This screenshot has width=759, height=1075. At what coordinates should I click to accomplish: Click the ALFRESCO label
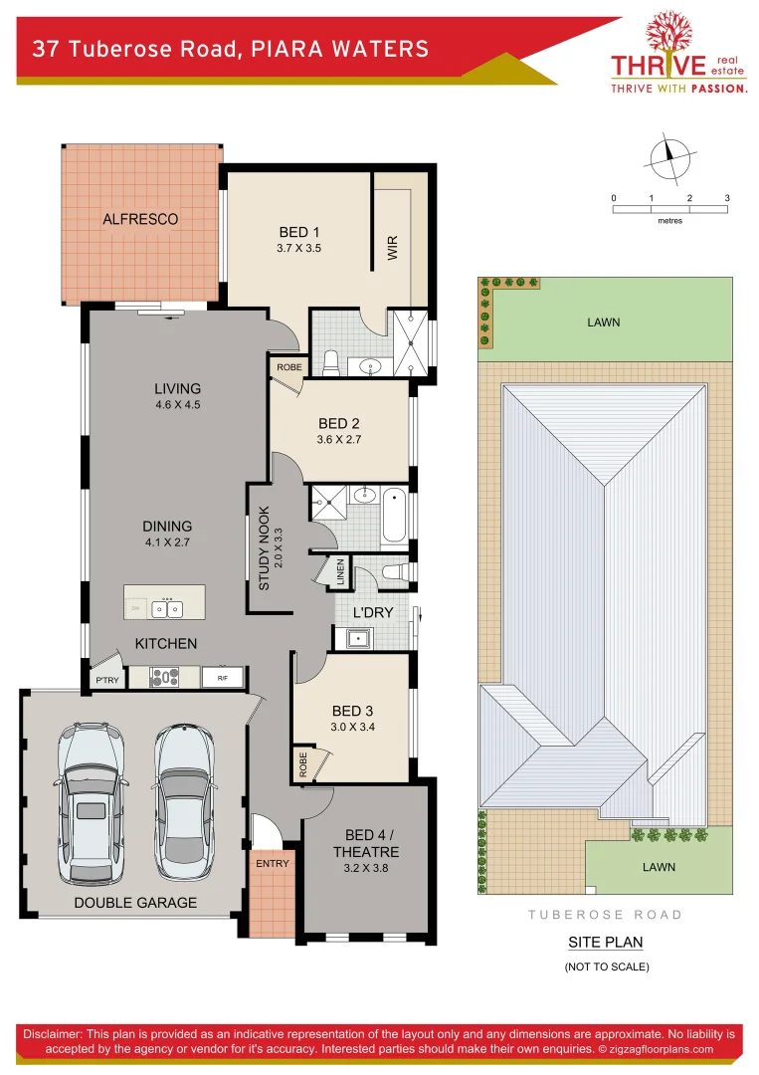(x=140, y=219)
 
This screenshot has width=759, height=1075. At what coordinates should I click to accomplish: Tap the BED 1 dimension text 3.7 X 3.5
(x=299, y=249)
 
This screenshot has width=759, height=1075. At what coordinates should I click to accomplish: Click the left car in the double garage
(x=92, y=802)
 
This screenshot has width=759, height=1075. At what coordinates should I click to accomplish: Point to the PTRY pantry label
(x=105, y=681)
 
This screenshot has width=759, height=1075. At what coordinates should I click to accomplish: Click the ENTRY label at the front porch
(x=272, y=863)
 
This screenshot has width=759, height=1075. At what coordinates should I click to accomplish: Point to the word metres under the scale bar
(x=669, y=220)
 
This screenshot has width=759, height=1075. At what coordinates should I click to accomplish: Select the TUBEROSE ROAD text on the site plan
(x=605, y=914)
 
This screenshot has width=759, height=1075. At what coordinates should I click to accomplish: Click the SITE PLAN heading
(x=605, y=942)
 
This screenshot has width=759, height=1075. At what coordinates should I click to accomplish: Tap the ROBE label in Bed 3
(x=301, y=763)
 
